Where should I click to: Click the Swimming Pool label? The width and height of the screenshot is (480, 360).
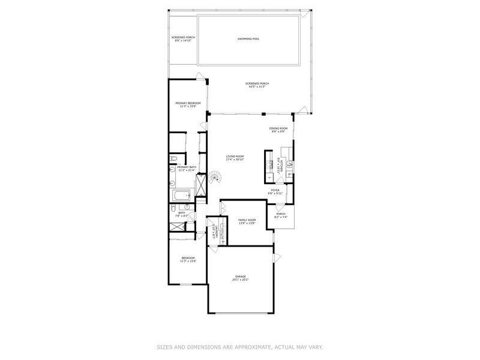pos(248,39)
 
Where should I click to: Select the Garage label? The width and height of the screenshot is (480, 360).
pos(240,277)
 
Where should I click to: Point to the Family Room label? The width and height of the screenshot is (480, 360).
pos(247,220)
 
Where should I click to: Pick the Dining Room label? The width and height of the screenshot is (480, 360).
pos(278,128)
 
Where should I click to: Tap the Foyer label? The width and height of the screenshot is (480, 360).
pos(275,190)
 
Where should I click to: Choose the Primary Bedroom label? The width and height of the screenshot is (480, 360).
pos(188,103)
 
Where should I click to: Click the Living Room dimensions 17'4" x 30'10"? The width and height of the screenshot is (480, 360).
pos(235,160)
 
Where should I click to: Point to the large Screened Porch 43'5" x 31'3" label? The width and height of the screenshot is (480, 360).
pos(257,83)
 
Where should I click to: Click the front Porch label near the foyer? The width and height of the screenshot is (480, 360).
pos(280,214)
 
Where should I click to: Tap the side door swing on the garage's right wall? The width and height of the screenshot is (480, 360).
pos(277,257)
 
